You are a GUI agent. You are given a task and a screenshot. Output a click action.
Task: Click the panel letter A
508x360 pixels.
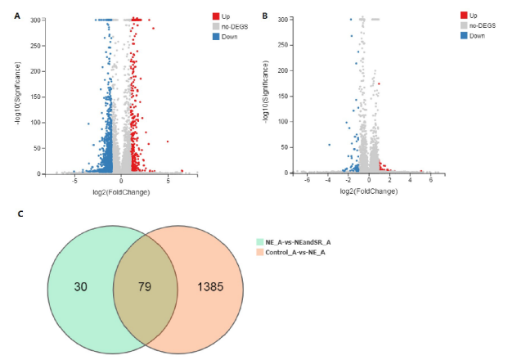tap(17, 15)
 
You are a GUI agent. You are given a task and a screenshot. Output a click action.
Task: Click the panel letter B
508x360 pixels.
tap(263, 15)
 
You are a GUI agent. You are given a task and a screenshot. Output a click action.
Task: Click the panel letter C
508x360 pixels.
tap(20, 214)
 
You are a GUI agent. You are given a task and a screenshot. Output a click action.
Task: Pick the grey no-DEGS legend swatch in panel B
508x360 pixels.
tap(464, 25)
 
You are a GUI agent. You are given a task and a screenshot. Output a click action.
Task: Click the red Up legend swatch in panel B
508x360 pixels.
tap(464, 16)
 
